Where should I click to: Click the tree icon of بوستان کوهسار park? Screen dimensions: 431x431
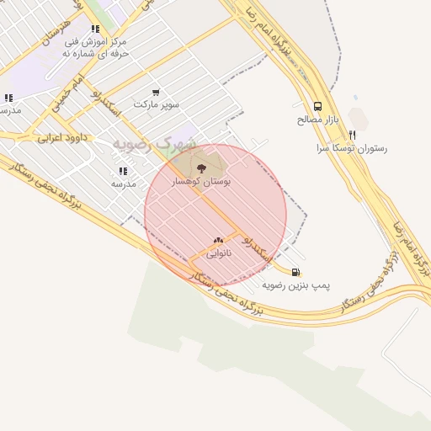point(200,168)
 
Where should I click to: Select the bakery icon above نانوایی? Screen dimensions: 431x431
point(219,241)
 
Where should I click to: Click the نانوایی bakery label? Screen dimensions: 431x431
point(219,253)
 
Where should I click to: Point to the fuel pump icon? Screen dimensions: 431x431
point(295,272)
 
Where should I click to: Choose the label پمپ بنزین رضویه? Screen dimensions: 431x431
point(295,285)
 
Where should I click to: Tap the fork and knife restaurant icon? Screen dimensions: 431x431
point(353,135)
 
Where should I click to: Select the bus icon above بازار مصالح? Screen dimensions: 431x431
point(317,106)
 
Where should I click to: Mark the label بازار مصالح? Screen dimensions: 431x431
point(317,120)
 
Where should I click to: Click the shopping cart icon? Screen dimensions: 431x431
point(156,92)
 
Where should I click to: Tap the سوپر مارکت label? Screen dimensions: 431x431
point(156,104)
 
